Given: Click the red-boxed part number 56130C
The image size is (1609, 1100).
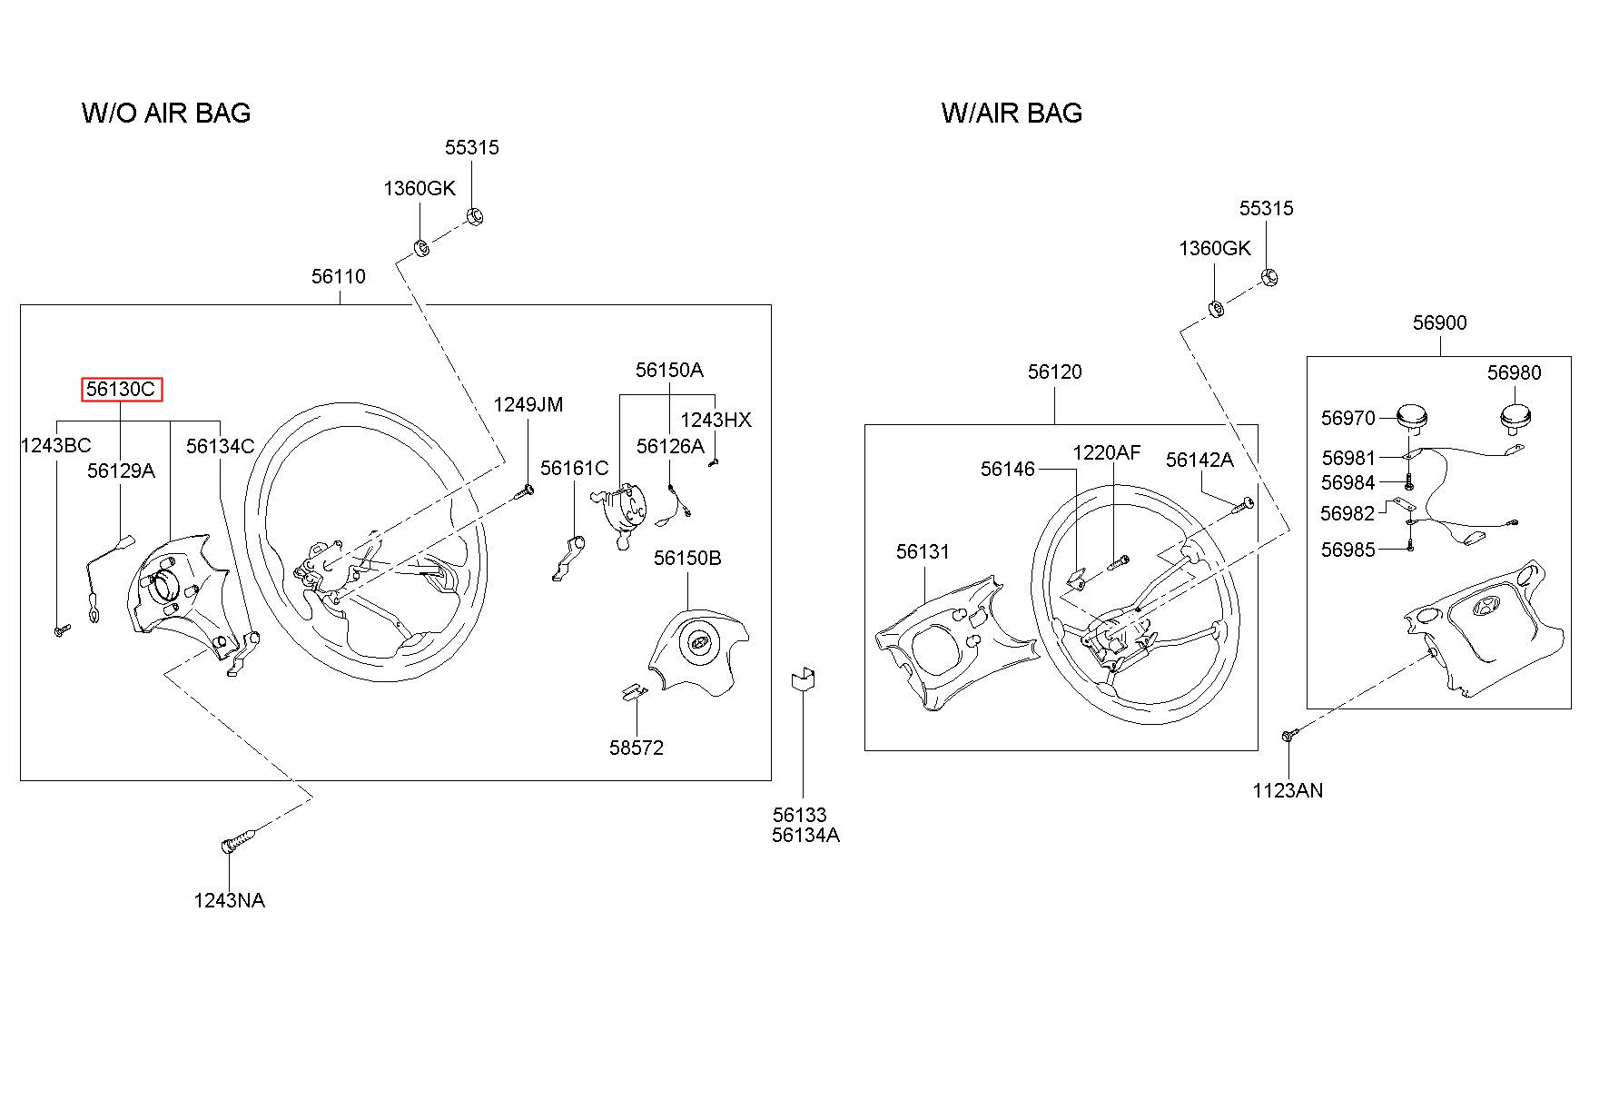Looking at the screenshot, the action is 122,390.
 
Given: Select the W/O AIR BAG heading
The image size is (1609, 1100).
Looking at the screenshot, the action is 166,113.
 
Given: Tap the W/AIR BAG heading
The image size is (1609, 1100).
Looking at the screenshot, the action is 1012,113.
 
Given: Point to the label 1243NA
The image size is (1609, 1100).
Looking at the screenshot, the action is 230,900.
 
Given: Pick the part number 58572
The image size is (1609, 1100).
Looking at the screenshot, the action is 637,748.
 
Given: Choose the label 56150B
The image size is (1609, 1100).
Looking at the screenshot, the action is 687,558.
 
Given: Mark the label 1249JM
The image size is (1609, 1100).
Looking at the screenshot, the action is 528,404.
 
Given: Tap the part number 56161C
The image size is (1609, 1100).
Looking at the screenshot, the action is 575,468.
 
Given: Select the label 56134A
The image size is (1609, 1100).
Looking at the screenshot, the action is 805,836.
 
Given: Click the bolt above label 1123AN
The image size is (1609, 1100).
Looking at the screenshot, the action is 1290,734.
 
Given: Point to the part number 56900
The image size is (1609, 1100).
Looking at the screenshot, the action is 1439,322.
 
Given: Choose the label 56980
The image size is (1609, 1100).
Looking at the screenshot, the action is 1514,372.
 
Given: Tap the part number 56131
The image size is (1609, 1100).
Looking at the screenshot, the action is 923,551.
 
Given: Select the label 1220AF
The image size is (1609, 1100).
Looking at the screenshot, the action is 1107,452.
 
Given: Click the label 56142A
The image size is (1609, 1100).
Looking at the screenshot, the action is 1199,460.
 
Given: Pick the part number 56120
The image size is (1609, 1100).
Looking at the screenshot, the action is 1055,372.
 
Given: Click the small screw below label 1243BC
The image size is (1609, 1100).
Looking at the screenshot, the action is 61,629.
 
